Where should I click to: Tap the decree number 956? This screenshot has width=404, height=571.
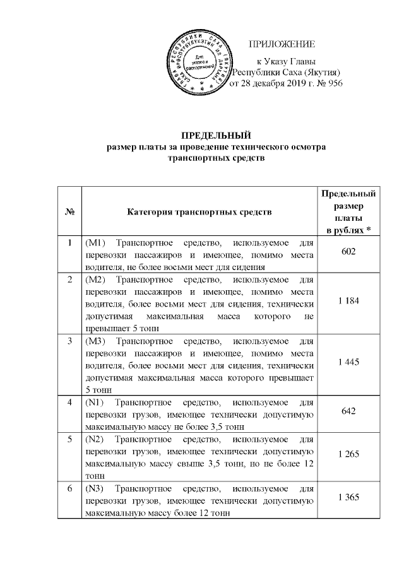click(x=333, y=83)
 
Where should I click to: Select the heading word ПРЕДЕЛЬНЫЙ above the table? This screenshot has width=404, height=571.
click(x=217, y=135)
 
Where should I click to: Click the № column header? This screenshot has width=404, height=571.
click(x=69, y=211)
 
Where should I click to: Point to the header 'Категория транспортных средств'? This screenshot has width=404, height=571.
click(x=199, y=211)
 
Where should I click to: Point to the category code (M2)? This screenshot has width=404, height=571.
click(x=94, y=278)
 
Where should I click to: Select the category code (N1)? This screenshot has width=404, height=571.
click(x=93, y=402)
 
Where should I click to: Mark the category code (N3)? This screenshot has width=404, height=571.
click(x=93, y=489)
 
